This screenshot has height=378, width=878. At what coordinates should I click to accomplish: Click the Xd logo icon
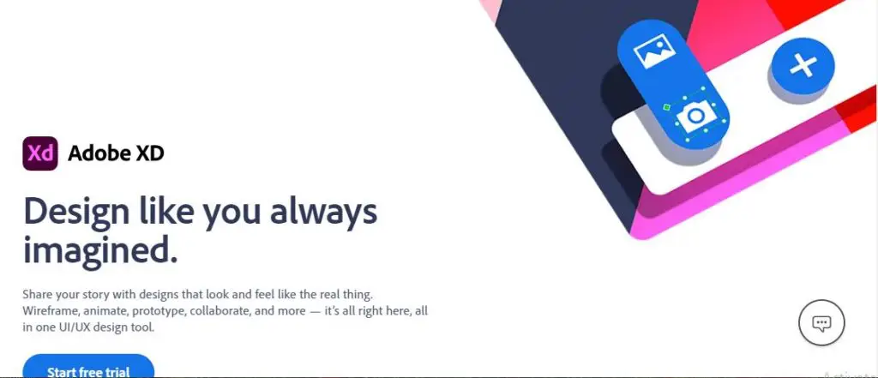coord(40,153)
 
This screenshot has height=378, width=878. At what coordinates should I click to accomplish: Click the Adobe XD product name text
coord(116,154)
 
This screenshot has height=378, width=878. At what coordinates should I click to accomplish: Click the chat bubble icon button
coord(821,323)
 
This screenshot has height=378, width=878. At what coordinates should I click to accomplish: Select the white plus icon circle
coord(803,66)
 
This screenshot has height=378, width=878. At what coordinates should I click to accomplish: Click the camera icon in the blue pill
coord(696,116)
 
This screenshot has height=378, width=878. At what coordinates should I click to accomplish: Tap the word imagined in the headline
coord(99,250)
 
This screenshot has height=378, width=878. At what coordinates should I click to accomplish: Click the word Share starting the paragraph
coord(38,293)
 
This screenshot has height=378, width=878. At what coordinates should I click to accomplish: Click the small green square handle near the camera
coord(665,107)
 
